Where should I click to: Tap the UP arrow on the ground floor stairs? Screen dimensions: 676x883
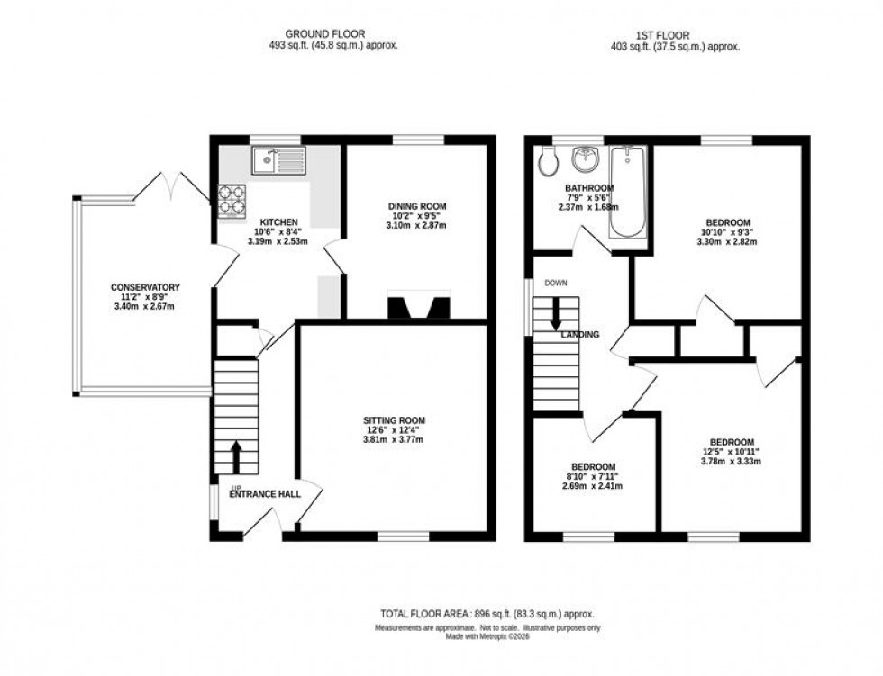coord(236,455)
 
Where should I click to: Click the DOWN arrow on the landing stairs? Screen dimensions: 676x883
coord(556,312)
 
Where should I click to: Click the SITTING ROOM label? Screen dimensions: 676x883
coord(394,420)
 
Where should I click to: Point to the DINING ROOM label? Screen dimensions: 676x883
coord(417,206)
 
